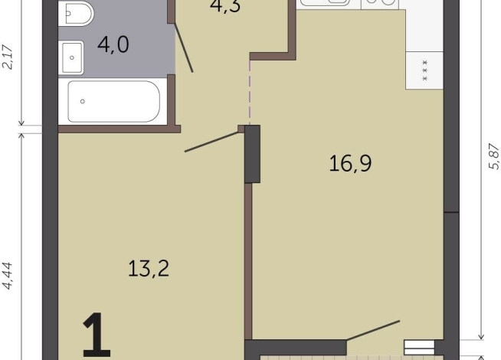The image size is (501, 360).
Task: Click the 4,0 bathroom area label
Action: click(113, 44)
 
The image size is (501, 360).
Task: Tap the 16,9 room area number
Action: click(350, 163)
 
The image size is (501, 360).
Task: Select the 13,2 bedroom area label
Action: click(149, 268)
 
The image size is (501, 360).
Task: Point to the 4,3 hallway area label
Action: click(225, 6)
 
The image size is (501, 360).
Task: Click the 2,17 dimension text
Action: click(8, 57)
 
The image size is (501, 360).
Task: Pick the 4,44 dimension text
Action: click(8, 276)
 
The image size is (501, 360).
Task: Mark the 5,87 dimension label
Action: click(494, 156)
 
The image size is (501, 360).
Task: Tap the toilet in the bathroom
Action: click(76, 13)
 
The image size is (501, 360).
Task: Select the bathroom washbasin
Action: click(71, 57)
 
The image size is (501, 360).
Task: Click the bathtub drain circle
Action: click(83, 101)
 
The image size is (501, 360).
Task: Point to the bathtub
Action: click(113, 101)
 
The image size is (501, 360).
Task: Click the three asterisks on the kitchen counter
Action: click(424, 70)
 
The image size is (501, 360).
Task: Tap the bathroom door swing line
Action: click(183, 47)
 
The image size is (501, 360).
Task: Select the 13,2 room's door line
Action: click(212, 142)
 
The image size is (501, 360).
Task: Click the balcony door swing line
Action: click(373, 330)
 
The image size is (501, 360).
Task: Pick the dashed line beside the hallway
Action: click(250, 93)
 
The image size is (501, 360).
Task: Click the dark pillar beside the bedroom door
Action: click(253, 154)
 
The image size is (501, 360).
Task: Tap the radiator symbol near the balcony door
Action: click(420, 348)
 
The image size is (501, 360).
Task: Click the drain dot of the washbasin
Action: click(72, 57)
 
